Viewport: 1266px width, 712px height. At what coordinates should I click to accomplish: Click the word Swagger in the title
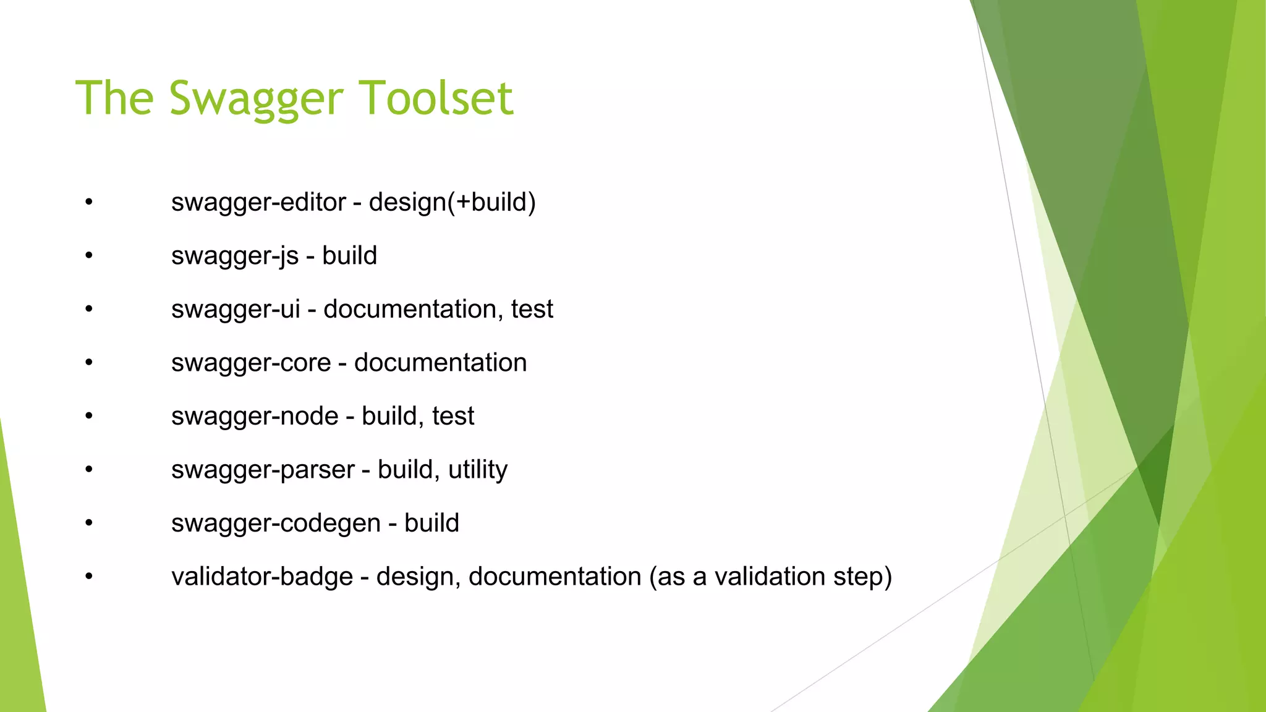pyautogui.click(x=256, y=99)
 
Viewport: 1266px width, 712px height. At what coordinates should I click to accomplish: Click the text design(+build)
pyautogui.click(x=452, y=203)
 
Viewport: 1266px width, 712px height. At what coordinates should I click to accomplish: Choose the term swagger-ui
pyautogui.click(x=236, y=310)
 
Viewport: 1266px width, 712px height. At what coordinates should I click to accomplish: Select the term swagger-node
pyautogui.click(x=255, y=417)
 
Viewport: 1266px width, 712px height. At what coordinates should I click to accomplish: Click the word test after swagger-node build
pyautogui.click(x=453, y=417)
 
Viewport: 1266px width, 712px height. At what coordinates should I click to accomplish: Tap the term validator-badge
pyautogui.click(x=262, y=577)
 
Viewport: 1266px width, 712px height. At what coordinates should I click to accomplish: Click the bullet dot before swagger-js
pyautogui.click(x=89, y=255)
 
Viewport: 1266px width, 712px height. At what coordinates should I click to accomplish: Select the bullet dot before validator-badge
pyautogui.click(x=89, y=576)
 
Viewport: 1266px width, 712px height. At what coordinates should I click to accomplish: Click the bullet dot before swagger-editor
pyautogui.click(x=89, y=201)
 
